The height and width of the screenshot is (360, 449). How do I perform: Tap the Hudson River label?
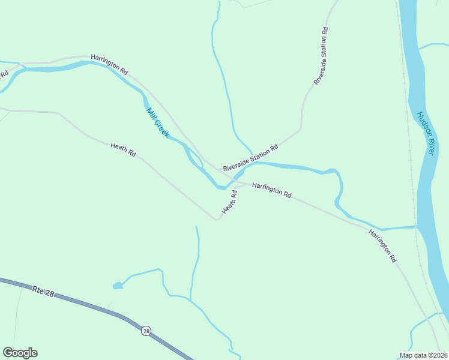point(425,134)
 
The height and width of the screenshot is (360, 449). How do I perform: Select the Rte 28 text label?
point(44,292)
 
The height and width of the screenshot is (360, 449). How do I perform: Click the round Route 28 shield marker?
point(146,331)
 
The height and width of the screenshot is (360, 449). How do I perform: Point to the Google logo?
point(20,353)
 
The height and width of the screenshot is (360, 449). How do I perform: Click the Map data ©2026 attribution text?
point(423,355)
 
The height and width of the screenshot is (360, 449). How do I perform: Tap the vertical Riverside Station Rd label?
point(321,56)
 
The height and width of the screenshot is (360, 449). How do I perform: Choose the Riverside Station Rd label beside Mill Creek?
point(250,158)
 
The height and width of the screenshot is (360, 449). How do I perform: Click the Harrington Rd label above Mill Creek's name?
point(109,64)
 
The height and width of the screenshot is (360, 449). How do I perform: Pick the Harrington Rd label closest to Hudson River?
point(383,246)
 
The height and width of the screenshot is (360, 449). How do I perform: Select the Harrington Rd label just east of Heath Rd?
point(271,190)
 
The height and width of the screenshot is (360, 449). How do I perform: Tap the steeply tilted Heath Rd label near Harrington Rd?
point(230,202)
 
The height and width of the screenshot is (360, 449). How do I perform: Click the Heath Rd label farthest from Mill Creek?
point(123,149)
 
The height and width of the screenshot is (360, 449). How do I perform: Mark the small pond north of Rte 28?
point(118,286)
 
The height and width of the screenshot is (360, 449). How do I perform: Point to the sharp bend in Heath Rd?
point(217,220)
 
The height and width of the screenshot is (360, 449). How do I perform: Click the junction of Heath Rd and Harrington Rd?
point(238,184)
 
